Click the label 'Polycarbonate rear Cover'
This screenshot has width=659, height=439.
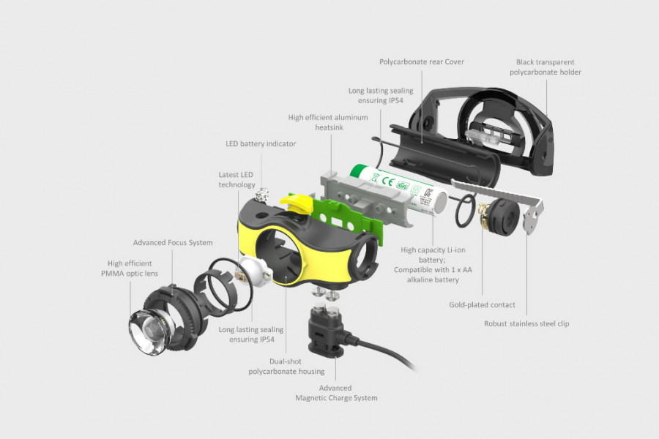[x=421, y=62]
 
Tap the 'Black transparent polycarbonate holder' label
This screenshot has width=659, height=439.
[x=546, y=67]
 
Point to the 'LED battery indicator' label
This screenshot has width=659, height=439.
[x=261, y=144]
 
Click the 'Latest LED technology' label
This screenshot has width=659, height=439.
[x=237, y=180]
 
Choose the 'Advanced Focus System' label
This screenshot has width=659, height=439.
[x=173, y=242]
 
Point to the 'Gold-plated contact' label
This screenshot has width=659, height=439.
[x=482, y=304]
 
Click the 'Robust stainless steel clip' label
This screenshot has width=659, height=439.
[x=526, y=323]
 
